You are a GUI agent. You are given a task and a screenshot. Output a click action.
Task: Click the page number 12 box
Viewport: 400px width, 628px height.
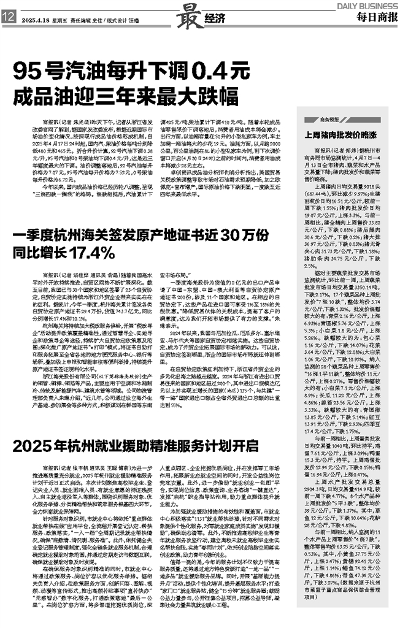(9, 18)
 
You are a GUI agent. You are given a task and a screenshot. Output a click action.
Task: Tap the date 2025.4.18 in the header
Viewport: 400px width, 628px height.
(34, 18)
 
